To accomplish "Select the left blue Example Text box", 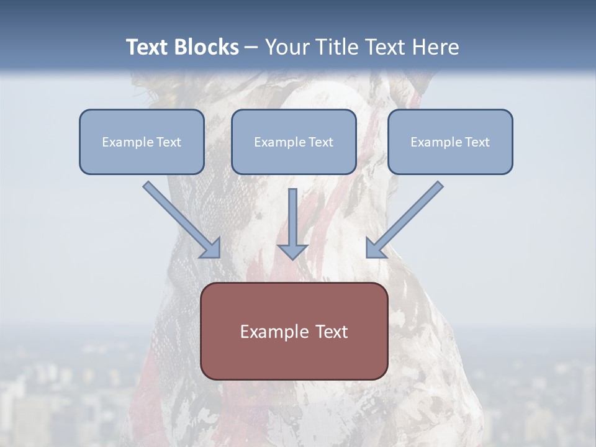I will pos(142,142).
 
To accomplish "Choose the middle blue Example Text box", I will pos(294,142).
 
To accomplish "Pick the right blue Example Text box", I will pos(450,142).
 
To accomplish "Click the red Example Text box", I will pos(294,331).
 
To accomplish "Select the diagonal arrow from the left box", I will pos(180,218).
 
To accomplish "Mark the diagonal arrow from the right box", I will pos(406,218).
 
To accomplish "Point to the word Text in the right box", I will pos(477,142).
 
